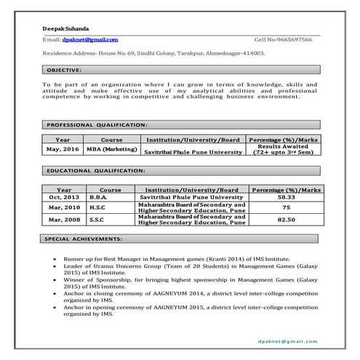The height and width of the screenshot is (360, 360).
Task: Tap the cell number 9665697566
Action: (x=294, y=39)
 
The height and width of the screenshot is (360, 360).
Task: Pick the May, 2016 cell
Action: (x=63, y=148)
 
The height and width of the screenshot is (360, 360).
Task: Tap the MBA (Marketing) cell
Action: (x=112, y=148)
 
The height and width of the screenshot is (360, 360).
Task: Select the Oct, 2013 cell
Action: (x=64, y=197)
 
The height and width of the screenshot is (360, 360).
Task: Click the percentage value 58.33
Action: (x=286, y=197)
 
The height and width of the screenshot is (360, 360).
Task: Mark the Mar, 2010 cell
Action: (x=64, y=207)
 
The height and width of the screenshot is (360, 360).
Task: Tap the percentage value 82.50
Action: (x=286, y=219)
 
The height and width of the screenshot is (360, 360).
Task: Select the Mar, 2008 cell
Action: (x=64, y=219)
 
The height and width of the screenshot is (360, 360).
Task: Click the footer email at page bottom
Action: (x=288, y=340)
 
